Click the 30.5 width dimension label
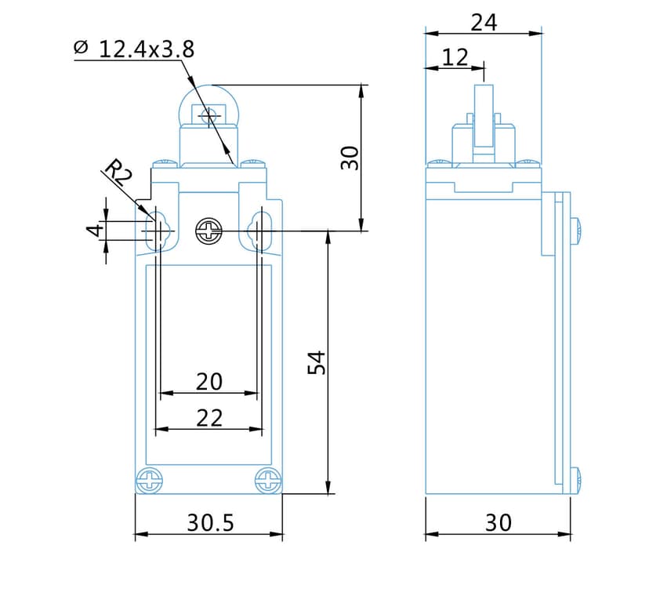coord(210,523)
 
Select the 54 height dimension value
coord(317,362)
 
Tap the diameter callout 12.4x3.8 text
coord(147,50)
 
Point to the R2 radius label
coord(118,172)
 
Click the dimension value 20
coord(209,382)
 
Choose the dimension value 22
coord(209,418)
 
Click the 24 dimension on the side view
coord(484,23)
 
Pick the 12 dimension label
coord(455,57)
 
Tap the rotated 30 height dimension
coord(350,158)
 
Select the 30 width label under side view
coord(498,523)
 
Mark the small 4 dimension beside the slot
coord(95,231)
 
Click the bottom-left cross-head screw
coord(149,480)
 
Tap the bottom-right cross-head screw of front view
coord(268,480)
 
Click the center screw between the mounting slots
coord(209,231)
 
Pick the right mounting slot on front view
coord(259,231)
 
